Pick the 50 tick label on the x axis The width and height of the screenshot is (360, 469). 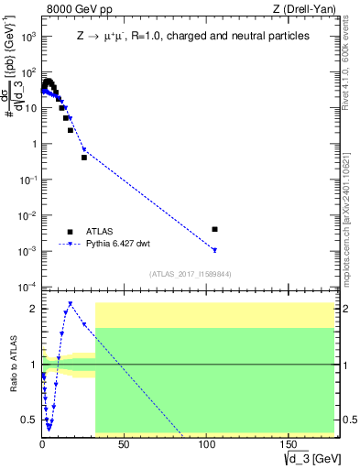click(x=124, y=444)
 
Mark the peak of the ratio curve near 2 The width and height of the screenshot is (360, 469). click(x=70, y=303)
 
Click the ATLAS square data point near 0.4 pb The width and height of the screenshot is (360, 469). click(x=84, y=158)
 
